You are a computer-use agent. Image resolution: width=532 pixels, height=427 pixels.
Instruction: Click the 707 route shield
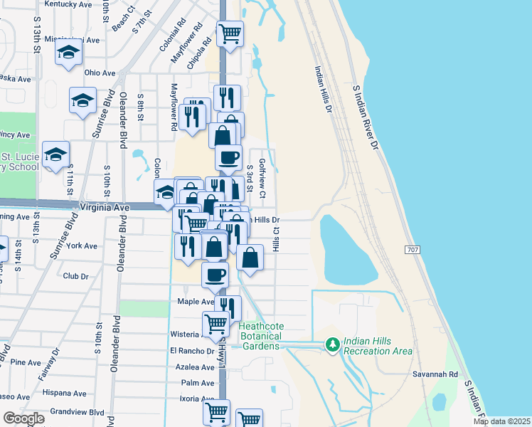[x=413, y=250]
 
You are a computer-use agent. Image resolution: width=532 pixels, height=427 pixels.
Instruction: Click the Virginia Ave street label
[x=106, y=206]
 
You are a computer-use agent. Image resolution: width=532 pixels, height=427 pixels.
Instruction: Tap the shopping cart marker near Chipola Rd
[x=230, y=33]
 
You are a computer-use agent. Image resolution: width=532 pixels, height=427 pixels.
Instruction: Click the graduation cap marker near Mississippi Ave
[x=69, y=53]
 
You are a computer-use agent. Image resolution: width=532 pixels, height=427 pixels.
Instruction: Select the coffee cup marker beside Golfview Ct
[x=228, y=158]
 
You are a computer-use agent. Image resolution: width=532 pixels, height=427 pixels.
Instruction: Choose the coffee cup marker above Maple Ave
[x=215, y=275]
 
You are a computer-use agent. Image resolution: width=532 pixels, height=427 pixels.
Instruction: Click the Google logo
[x=23, y=418]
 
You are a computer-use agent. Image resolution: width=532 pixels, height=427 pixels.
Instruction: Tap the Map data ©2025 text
[x=501, y=421]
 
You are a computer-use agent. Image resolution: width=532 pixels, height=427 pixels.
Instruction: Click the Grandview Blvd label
[x=78, y=412]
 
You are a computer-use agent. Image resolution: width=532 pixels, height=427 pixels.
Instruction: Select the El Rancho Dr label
[x=192, y=351]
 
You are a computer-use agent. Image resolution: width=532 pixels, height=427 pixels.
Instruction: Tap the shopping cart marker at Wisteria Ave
[x=216, y=324]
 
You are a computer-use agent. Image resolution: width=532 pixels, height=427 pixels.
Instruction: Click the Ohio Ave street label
[x=100, y=73]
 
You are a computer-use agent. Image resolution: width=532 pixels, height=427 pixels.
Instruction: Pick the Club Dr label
[x=75, y=276]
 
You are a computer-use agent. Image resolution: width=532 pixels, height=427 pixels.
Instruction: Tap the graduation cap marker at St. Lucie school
[x=55, y=156]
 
